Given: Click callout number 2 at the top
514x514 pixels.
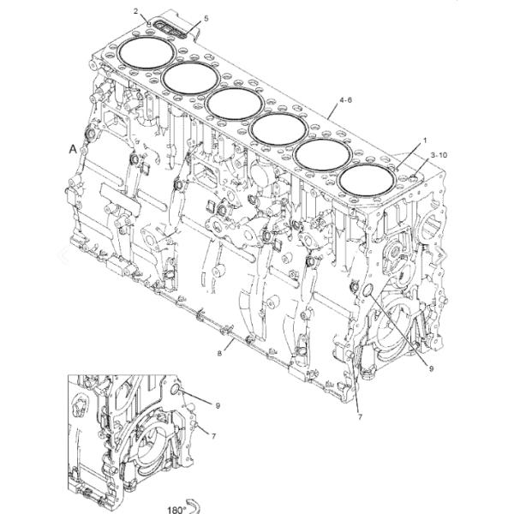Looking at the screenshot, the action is (x=136, y=11).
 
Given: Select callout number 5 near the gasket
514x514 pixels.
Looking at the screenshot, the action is (x=206, y=18).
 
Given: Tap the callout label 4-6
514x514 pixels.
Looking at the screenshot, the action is (x=345, y=99).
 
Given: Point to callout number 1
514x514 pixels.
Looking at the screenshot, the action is (x=425, y=140).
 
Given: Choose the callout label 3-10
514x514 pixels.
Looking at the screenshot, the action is (x=439, y=155).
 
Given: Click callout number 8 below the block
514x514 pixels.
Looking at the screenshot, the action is (x=219, y=353).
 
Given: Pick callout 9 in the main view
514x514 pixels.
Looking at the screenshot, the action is (x=431, y=368).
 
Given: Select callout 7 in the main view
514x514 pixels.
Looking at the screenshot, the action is (x=360, y=417).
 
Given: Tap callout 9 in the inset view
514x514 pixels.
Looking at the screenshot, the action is (x=218, y=405).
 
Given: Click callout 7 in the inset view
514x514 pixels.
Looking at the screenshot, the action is (x=213, y=436).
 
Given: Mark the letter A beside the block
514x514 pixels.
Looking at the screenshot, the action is (x=73, y=149).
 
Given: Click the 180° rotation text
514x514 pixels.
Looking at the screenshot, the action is (x=176, y=510).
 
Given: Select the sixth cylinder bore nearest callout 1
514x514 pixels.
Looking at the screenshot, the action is (x=367, y=182).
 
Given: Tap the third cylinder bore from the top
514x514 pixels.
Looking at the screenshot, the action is (x=235, y=104).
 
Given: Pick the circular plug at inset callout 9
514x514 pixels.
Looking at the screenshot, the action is (x=176, y=389).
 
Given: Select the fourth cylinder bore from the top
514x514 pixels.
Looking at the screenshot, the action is (x=278, y=129).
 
